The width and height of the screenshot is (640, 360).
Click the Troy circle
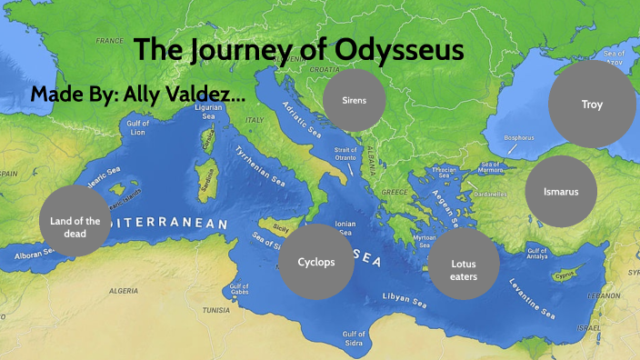(592, 105)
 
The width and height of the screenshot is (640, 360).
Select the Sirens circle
(355, 100)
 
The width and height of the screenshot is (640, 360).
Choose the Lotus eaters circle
(464, 265)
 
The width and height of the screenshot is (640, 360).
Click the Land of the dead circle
(75, 221)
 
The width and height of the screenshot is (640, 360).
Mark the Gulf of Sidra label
(355, 338)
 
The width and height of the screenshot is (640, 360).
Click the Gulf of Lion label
(138, 127)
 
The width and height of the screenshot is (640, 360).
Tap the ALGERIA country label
(125, 291)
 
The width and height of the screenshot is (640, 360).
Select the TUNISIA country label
(215, 310)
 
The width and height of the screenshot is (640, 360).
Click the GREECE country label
(395, 193)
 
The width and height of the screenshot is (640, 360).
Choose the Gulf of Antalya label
(539, 253)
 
